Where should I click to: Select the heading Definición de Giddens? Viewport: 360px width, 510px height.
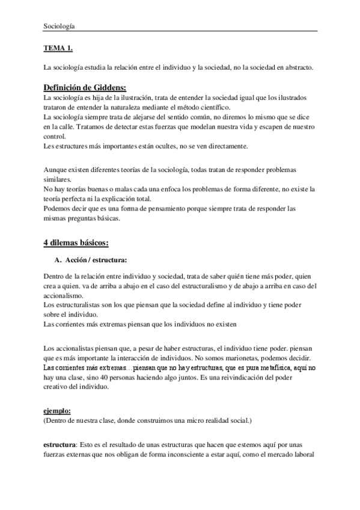(85, 87)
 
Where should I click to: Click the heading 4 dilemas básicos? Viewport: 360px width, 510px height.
(76, 242)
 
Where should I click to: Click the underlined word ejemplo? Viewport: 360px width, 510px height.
(57, 411)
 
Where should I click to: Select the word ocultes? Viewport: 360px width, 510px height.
(164, 146)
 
